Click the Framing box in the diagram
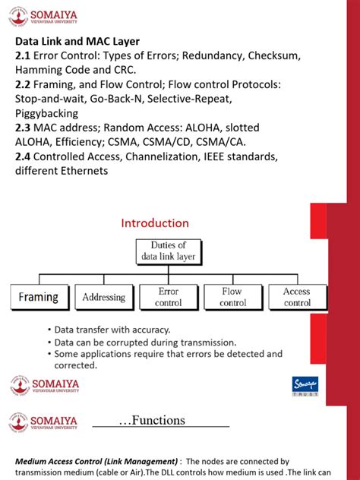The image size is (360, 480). point(38,297)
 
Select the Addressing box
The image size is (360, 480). point(103,297)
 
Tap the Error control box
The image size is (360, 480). point(168,297)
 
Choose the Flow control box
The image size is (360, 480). point(232,297)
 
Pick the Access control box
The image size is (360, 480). point(297,297)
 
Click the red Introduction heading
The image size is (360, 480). point(155,223)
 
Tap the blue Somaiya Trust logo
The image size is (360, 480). point(305,386)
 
